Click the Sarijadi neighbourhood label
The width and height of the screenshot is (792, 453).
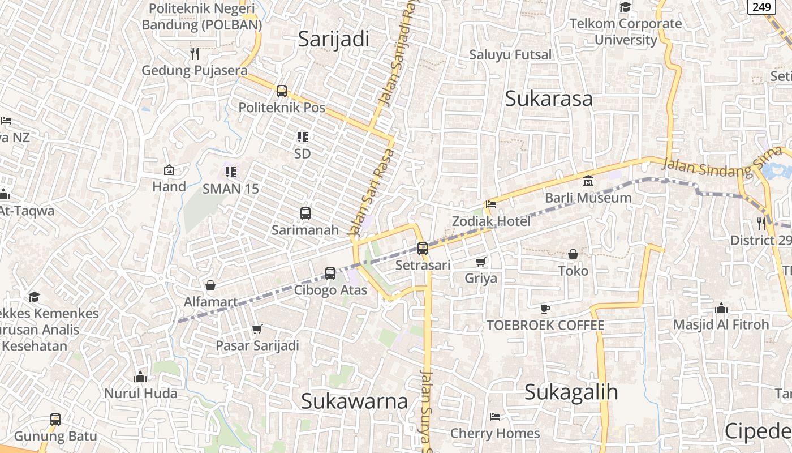pyautogui.click(x=333, y=39)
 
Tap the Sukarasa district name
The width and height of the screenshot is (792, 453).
pyautogui.click(x=548, y=99)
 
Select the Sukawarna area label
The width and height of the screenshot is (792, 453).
pyautogui.click(x=354, y=401)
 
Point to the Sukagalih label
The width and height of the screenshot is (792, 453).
pyautogui.click(x=571, y=392)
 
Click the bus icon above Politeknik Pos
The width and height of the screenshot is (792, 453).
pyautogui.click(x=282, y=91)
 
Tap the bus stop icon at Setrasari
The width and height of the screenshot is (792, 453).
pyautogui.click(x=422, y=248)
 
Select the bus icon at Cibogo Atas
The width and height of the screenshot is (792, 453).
pyautogui.click(x=330, y=273)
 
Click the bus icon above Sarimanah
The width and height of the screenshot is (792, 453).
pyautogui.click(x=305, y=213)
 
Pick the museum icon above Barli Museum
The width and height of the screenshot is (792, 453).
pyautogui.click(x=588, y=181)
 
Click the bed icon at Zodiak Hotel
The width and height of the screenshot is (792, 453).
pyautogui.click(x=491, y=204)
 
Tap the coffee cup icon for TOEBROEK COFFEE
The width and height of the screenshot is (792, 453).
pyautogui.click(x=545, y=309)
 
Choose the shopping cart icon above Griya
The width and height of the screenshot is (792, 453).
pyautogui.click(x=481, y=262)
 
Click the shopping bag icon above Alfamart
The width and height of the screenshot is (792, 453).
pyautogui.click(x=210, y=285)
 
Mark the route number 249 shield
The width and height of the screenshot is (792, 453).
pyautogui.click(x=761, y=7)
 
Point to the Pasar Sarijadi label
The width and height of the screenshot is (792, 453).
pyautogui.click(x=257, y=345)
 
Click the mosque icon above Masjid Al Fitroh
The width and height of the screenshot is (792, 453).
pyautogui.click(x=721, y=309)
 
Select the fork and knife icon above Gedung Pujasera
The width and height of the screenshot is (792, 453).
pyautogui.click(x=195, y=53)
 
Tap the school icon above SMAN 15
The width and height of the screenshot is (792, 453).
pyautogui.click(x=230, y=172)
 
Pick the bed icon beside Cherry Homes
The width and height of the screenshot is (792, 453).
pyautogui.click(x=495, y=417)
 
